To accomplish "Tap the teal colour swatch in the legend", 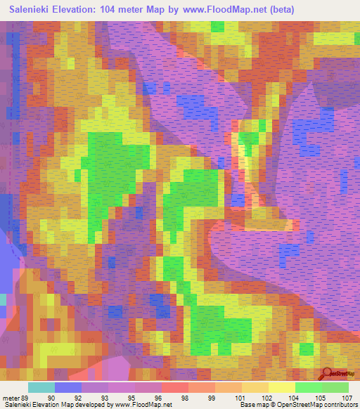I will pyautogui.click(x=41, y=387).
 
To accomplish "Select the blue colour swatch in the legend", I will pyautogui.click(x=68, y=387).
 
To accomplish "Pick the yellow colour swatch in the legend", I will pyautogui.click(x=282, y=387).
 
